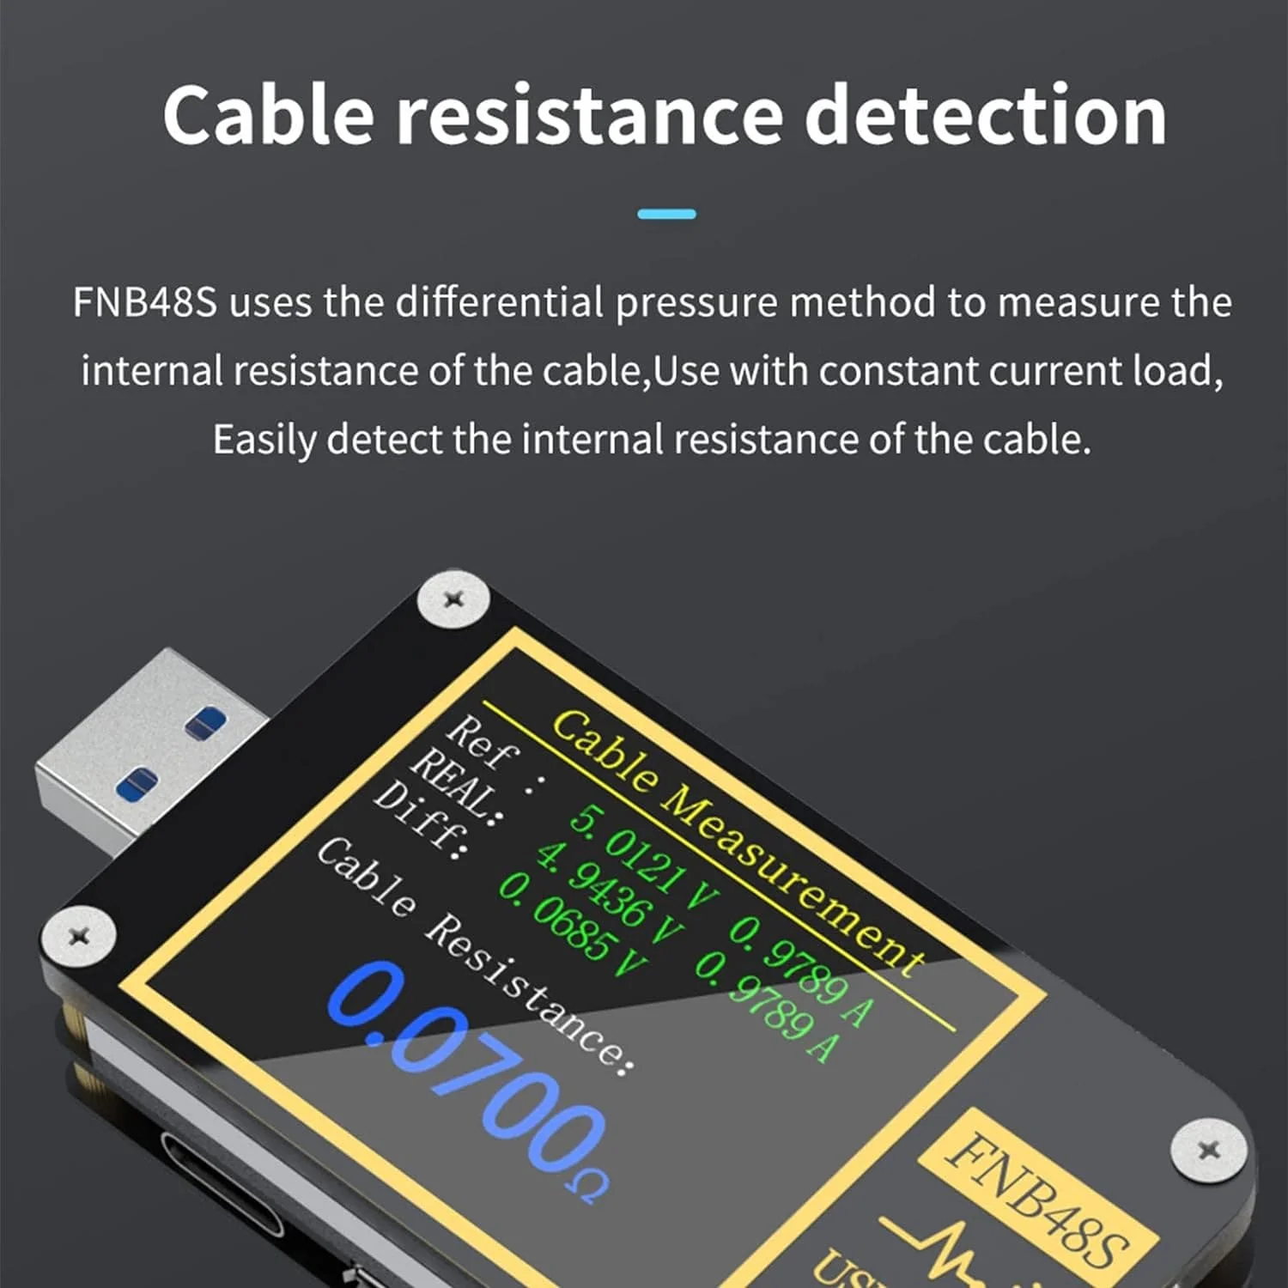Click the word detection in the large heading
(x=985, y=116)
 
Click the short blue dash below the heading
(x=666, y=214)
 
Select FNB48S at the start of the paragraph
(x=145, y=303)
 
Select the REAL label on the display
(x=452, y=784)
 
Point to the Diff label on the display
(x=420, y=820)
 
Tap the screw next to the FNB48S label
(x=1208, y=1149)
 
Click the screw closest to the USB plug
(x=453, y=598)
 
